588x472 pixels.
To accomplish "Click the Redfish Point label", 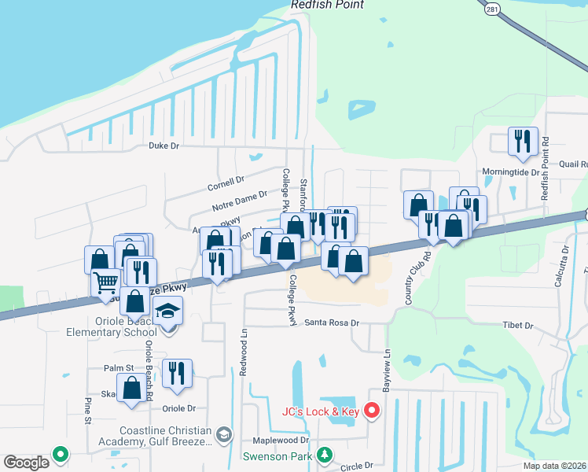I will [328, 5].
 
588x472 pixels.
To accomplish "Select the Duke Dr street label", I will [164, 146].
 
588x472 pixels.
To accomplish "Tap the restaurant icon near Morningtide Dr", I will [523, 142].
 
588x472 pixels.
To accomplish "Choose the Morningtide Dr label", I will [512, 171].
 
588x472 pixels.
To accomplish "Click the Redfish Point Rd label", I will [544, 170].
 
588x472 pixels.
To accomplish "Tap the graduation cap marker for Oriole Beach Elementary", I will [167, 312].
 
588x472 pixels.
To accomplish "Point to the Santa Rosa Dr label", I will [332, 323].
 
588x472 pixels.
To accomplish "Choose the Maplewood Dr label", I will [281, 441].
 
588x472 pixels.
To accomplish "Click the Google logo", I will [26, 463].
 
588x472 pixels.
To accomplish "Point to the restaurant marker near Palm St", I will [177, 374].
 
